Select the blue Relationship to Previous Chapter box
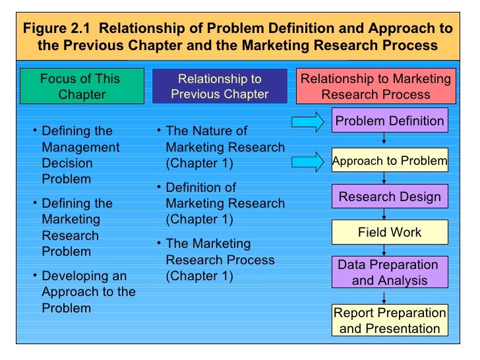coord(220,86)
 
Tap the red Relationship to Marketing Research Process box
coord(376,86)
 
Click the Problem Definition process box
coord(390,121)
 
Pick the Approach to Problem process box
coord(390,161)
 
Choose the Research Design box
coord(390,197)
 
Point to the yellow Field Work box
coord(390,233)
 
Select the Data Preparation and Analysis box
coord(390,272)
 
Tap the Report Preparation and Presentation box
coord(390,320)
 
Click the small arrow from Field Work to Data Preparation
coord(384,250)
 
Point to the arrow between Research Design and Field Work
coord(384,215)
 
